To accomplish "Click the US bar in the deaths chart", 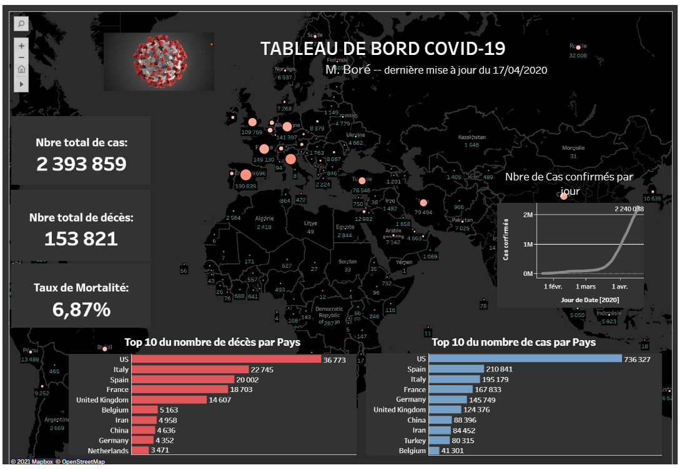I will (x=225, y=360).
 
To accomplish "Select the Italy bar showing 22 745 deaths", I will (x=190, y=370).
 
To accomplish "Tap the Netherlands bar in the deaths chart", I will (x=140, y=450).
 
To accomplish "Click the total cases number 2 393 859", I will (x=81, y=164).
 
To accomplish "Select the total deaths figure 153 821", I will (x=81, y=238).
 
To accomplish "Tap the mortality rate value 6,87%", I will (x=81, y=310).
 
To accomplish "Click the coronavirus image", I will (x=159, y=61).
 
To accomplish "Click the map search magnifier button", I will (x=21, y=24).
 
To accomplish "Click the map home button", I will (x=21, y=69).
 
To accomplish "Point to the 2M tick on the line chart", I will (x=527, y=215).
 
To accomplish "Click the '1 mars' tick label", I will (x=585, y=286).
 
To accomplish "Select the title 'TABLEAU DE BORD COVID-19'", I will (x=382, y=49).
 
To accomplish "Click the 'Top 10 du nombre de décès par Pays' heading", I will (x=212, y=342).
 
